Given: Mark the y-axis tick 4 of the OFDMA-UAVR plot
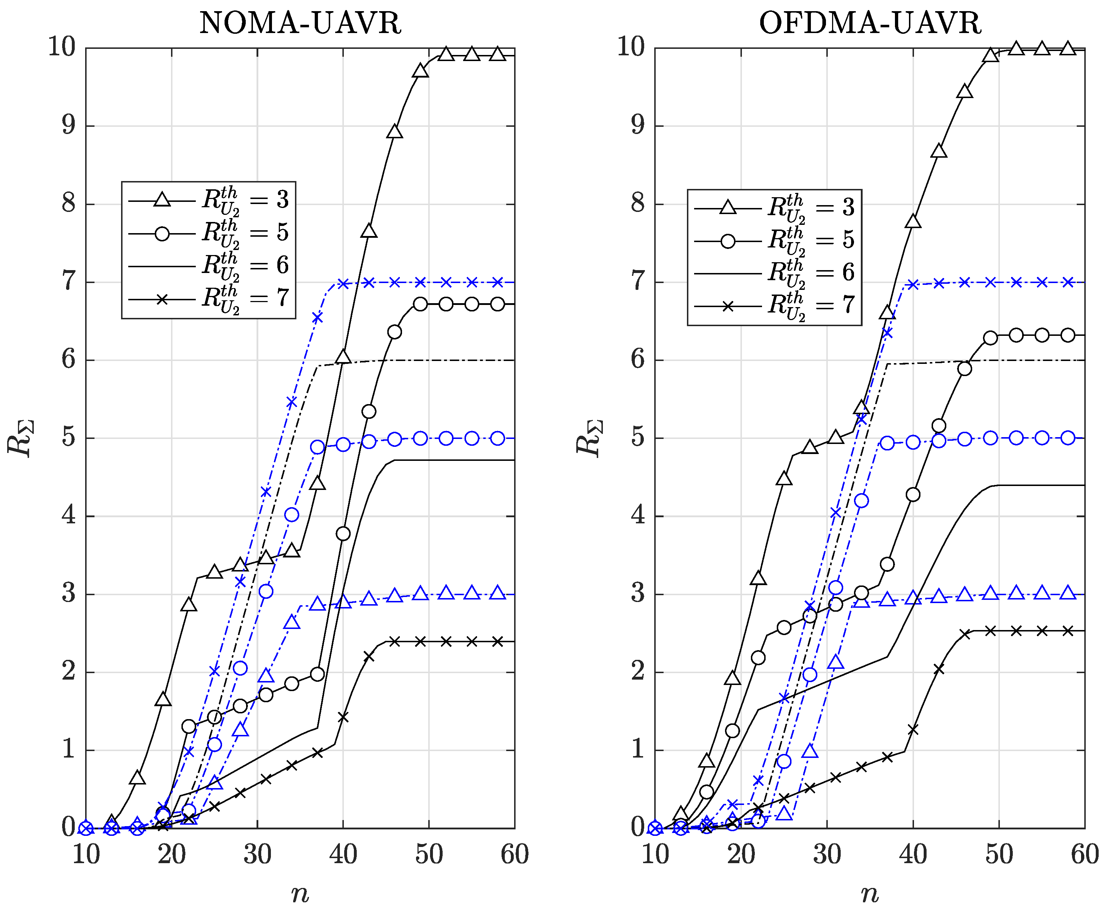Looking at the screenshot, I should pyautogui.click(x=638, y=515).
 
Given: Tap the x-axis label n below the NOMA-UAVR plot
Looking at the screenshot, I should pyautogui.click(x=300, y=893).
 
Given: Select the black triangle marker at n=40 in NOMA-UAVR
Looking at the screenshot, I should pyautogui.click(x=343, y=357).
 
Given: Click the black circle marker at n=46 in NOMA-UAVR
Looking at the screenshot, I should pyautogui.click(x=394, y=332).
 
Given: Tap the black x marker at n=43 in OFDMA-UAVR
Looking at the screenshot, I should pyautogui.click(x=939, y=669).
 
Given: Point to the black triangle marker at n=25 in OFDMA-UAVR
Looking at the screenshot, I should pyautogui.click(x=784, y=478).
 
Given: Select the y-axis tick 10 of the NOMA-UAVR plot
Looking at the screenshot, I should pyautogui.click(x=62, y=47).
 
